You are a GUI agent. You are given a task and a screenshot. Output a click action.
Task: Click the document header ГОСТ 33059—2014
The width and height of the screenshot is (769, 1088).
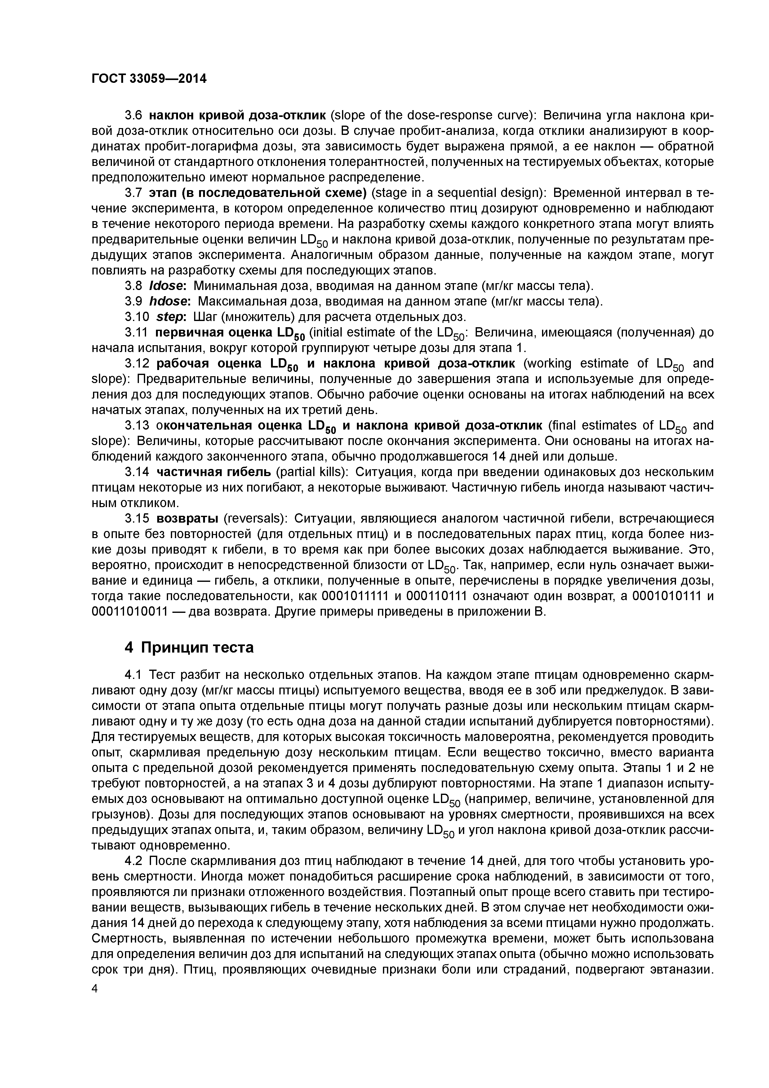click(x=149, y=79)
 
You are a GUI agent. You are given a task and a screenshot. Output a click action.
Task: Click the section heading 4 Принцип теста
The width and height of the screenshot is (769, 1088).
click(x=189, y=647)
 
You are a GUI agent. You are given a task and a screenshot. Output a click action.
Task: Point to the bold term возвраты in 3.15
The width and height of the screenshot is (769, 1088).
click(x=187, y=518)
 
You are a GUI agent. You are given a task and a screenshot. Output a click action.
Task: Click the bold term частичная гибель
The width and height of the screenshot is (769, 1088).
click(x=214, y=472)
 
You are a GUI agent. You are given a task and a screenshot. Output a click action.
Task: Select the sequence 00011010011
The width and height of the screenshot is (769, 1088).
click(x=129, y=612)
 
